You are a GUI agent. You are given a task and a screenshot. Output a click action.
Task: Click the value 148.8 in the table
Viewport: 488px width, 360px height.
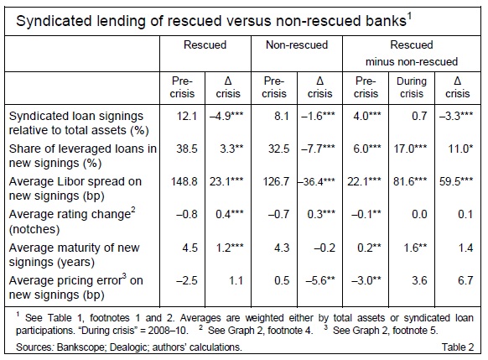click(x=184, y=181)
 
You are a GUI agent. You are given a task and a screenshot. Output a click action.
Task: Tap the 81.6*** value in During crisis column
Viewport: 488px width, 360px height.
click(x=410, y=181)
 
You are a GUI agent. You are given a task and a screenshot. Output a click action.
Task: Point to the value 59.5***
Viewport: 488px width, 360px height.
click(x=456, y=181)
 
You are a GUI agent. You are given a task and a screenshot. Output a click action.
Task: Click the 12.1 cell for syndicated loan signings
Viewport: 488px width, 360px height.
click(x=187, y=116)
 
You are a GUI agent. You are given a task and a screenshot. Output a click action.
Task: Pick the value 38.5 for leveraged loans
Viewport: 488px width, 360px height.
click(x=187, y=149)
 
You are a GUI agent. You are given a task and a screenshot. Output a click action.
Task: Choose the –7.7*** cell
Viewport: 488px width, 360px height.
click(x=318, y=149)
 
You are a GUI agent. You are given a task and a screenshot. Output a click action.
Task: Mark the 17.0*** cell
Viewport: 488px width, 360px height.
click(x=410, y=149)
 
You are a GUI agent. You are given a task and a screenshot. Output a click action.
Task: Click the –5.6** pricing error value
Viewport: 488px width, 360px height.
click(x=320, y=280)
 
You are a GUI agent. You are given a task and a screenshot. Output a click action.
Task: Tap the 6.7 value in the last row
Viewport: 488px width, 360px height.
click(x=465, y=280)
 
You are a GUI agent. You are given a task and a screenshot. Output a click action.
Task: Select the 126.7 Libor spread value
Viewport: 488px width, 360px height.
click(x=276, y=181)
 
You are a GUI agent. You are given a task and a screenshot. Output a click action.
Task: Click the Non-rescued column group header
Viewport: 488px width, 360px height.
click(x=297, y=44)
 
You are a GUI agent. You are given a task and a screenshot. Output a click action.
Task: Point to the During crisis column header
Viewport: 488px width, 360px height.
click(x=412, y=87)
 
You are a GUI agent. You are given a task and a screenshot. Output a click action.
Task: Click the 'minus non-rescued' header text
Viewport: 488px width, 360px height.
click(x=412, y=61)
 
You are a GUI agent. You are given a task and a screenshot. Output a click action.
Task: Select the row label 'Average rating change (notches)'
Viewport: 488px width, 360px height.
click(x=72, y=222)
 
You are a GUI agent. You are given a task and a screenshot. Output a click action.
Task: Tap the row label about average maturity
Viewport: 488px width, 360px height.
click(x=74, y=255)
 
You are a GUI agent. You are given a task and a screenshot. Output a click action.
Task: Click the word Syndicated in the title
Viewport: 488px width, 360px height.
click(x=54, y=21)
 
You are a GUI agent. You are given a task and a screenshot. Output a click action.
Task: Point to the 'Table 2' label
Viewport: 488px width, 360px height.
click(x=458, y=347)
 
